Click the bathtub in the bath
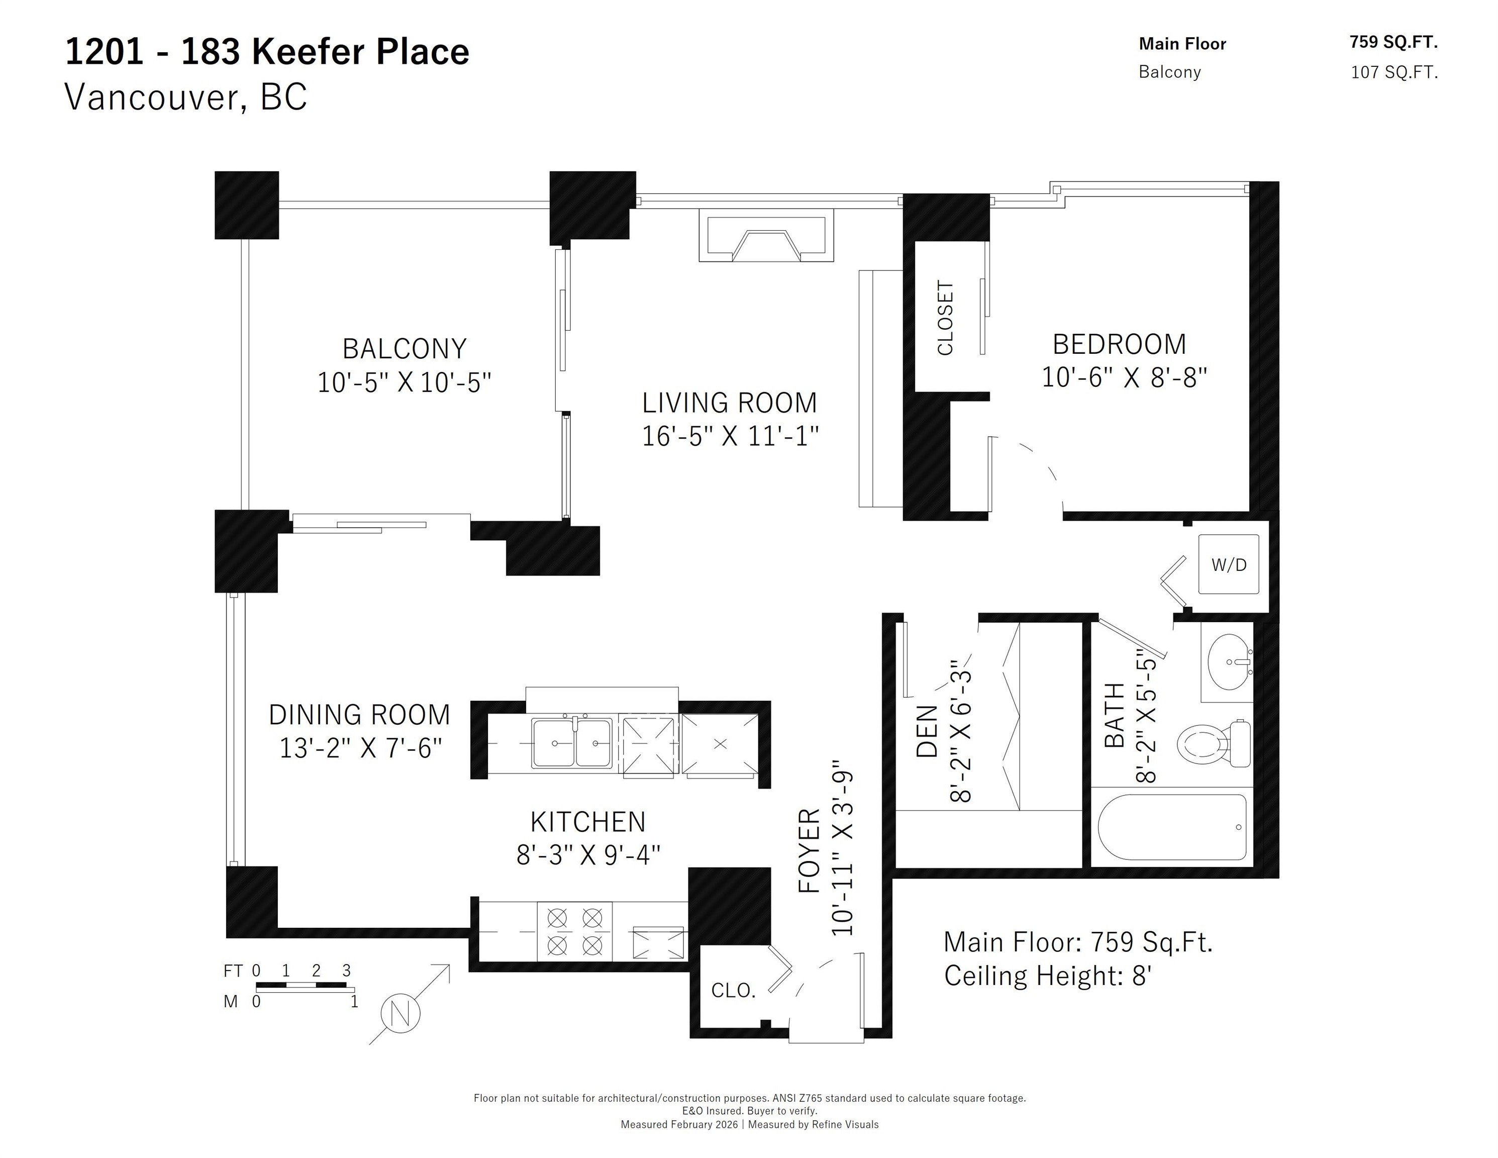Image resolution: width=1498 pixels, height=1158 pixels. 1171,827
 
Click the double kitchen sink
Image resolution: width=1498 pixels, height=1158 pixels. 571,743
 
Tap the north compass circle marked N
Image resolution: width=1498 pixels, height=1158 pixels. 401,1013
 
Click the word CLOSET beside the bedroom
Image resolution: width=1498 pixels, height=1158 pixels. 945,318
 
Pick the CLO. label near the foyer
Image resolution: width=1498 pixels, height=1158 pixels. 733,990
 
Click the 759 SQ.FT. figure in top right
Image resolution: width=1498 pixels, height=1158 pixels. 1393,43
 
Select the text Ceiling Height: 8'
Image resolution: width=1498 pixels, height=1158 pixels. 1047,976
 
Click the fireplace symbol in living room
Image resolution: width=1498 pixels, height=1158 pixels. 766,237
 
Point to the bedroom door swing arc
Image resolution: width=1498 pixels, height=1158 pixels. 1043,463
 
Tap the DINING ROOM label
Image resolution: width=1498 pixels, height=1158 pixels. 359,715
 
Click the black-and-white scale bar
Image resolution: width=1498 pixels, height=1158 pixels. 305,986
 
